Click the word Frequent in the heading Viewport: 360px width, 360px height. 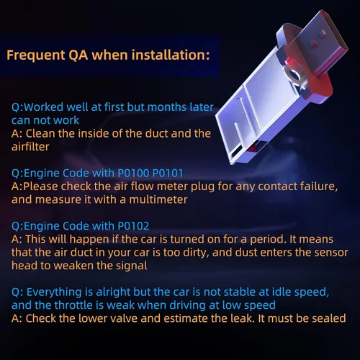(x=36, y=55)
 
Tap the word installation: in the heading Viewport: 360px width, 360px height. (x=171, y=55)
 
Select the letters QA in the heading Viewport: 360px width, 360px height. (x=78, y=55)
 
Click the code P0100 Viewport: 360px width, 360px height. (x=133, y=173)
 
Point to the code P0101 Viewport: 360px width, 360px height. (x=168, y=173)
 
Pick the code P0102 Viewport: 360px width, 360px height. (x=133, y=226)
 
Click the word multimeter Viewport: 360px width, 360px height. (x=158, y=199)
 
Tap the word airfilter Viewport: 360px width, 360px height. (x=30, y=147)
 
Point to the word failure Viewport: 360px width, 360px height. (x=319, y=186)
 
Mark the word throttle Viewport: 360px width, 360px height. (x=77, y=305)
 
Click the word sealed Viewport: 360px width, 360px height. (x=329, y=318)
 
